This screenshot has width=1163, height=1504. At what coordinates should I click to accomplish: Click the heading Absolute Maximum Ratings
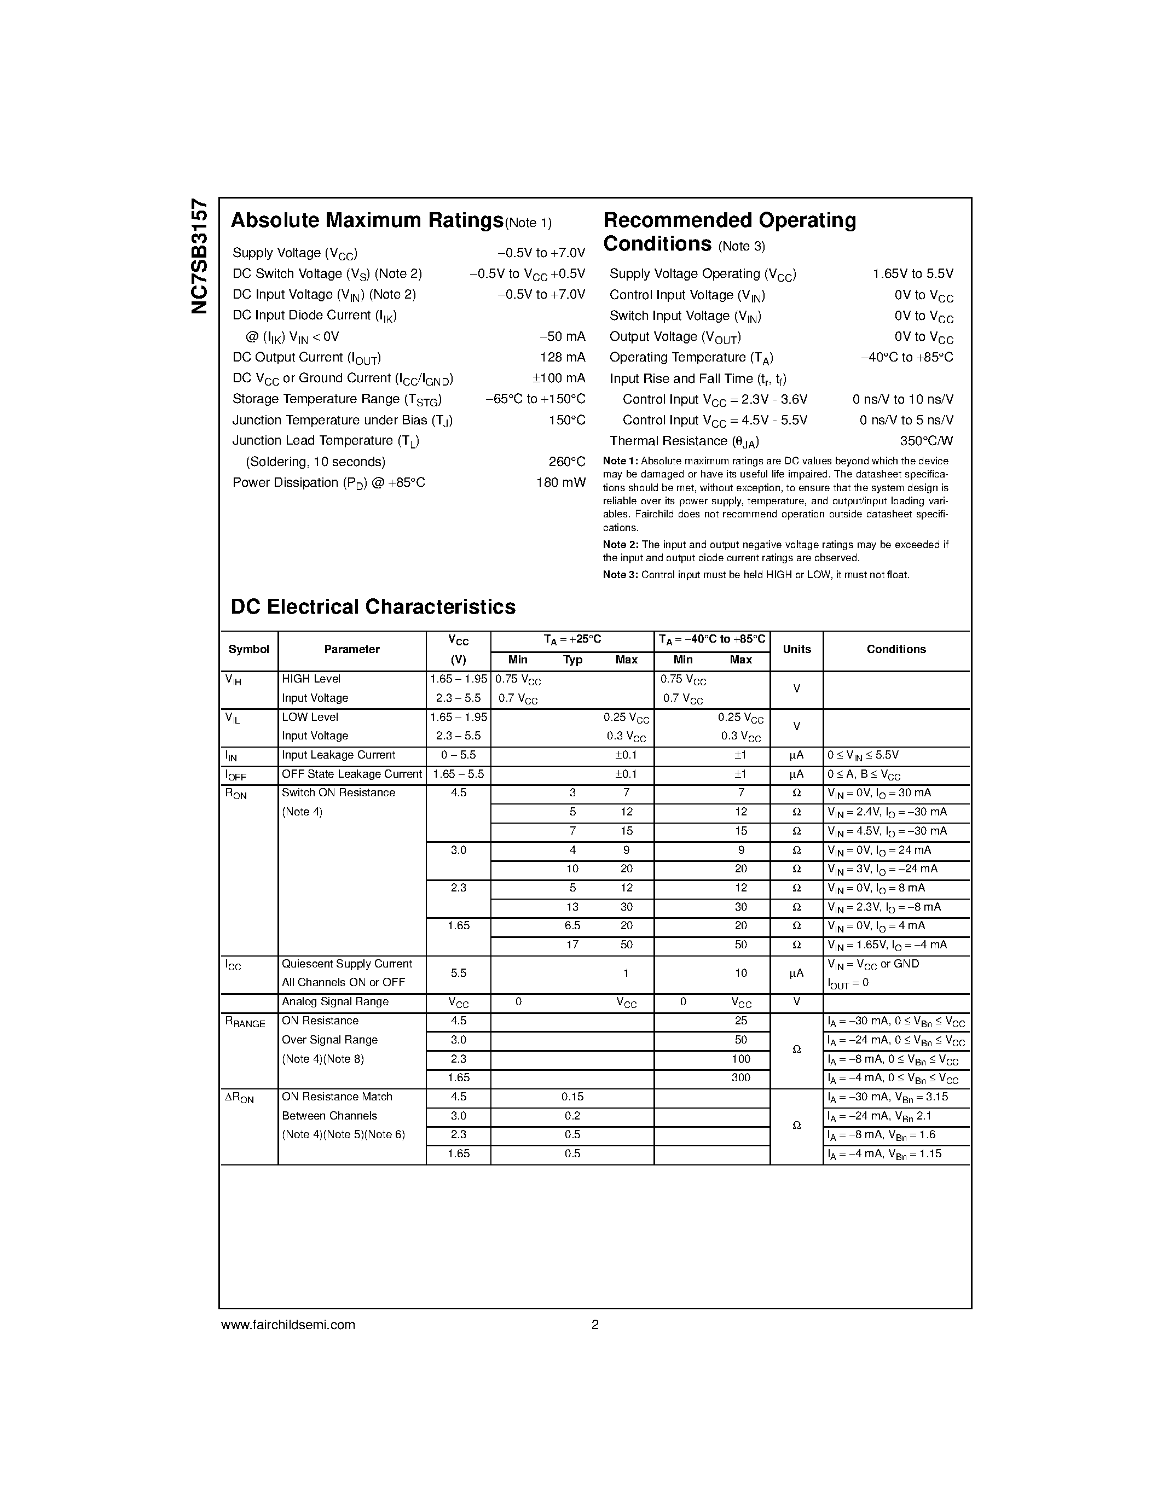[x=367, y=220]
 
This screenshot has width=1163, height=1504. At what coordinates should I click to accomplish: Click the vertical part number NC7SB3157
[x=199, y=256]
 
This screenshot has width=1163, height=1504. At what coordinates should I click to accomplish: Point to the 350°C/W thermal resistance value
[x=926, y=441]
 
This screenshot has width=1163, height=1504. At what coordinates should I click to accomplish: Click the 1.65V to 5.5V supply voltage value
[x=912, y=273]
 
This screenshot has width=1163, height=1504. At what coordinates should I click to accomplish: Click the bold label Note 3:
[x=620, y=575]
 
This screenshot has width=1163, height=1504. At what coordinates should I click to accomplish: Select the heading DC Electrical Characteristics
[x=373, y=607]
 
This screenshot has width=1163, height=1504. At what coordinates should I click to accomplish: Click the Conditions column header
[x=896, y=649]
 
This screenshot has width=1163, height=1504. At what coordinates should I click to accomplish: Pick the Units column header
[x=796, y=649]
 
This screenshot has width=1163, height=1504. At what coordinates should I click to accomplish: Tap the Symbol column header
[x=248, y=649]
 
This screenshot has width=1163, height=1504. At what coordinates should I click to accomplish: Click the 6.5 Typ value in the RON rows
[x=572, y=925]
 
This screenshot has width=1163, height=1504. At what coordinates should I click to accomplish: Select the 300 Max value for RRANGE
[x=740, y=1078]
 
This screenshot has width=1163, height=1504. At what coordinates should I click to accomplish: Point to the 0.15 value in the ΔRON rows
[x=572, y=1097]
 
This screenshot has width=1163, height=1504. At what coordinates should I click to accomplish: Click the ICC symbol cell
[x=234, y=965]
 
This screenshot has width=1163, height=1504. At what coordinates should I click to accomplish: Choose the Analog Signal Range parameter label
[x=335, y=1002]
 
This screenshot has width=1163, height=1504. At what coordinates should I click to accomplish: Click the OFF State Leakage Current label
[x=351, y=774]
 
